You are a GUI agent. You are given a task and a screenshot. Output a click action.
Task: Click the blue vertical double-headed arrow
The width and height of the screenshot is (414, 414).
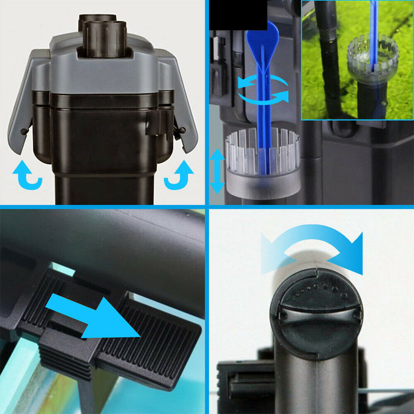tap(217, 170)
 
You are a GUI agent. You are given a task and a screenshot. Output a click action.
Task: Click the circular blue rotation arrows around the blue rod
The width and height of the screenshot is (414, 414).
tap(263, 90)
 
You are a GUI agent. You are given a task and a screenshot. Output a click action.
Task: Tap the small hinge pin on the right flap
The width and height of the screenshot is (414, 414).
tap(183, 130)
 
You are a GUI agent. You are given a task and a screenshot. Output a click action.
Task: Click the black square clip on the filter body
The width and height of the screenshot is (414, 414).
tap(156, 121)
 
